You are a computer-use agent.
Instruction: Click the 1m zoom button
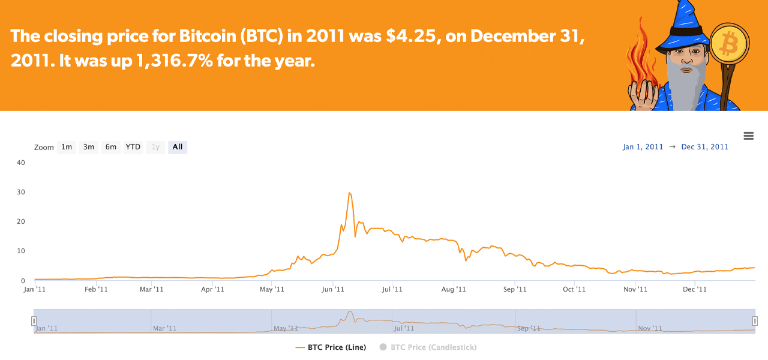coord(67,147)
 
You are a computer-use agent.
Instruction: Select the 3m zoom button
coord(89,147)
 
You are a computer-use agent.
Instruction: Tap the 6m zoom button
coord(111,147)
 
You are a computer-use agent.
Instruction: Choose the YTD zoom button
coord(133,147)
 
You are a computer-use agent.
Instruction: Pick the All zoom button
coord(178,147)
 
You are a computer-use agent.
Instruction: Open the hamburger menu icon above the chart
coord(748,136)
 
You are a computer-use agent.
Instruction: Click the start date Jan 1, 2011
coord(643,147)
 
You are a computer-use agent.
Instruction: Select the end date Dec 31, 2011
coord(705,147)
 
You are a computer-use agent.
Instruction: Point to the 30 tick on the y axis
coord(21,192)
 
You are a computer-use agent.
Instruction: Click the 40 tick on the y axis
coord(21,163)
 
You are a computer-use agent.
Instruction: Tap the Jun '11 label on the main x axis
coord(333,289)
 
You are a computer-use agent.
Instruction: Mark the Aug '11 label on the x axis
coord(454,289)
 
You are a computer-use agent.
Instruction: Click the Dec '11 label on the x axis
coord(695,289)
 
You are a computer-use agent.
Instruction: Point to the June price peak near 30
coord(349,193)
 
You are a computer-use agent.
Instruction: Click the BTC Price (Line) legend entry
coord(331,347)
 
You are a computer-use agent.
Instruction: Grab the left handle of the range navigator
coord(34,322)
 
